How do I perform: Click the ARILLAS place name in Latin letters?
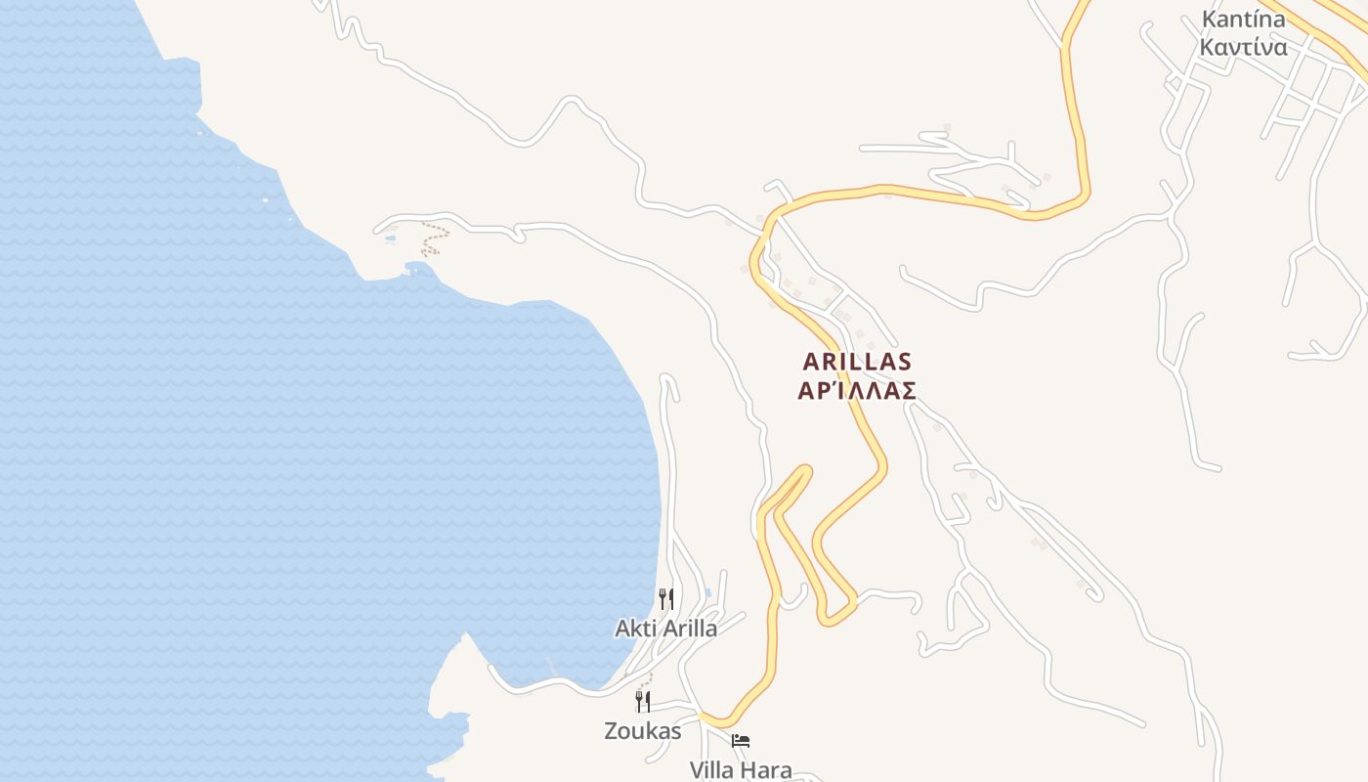(857, 362)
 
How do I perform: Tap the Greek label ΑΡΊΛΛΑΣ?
(857, 391)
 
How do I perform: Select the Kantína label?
(1243, 20)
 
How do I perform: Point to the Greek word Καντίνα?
(1243, 46)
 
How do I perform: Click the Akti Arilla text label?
(665, 629)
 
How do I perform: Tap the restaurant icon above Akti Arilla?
(665, 598)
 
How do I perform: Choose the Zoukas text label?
(642, 730)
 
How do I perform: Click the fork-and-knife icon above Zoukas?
(642, 701)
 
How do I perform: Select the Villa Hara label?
(741, 769)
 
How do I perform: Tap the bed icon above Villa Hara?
(741, 741)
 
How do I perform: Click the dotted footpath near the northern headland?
(435, 238)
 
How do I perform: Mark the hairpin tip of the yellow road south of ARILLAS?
(806, 470)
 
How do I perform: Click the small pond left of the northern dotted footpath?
(391, 238)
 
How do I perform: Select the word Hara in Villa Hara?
(767, 769)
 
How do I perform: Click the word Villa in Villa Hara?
(712, 769)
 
